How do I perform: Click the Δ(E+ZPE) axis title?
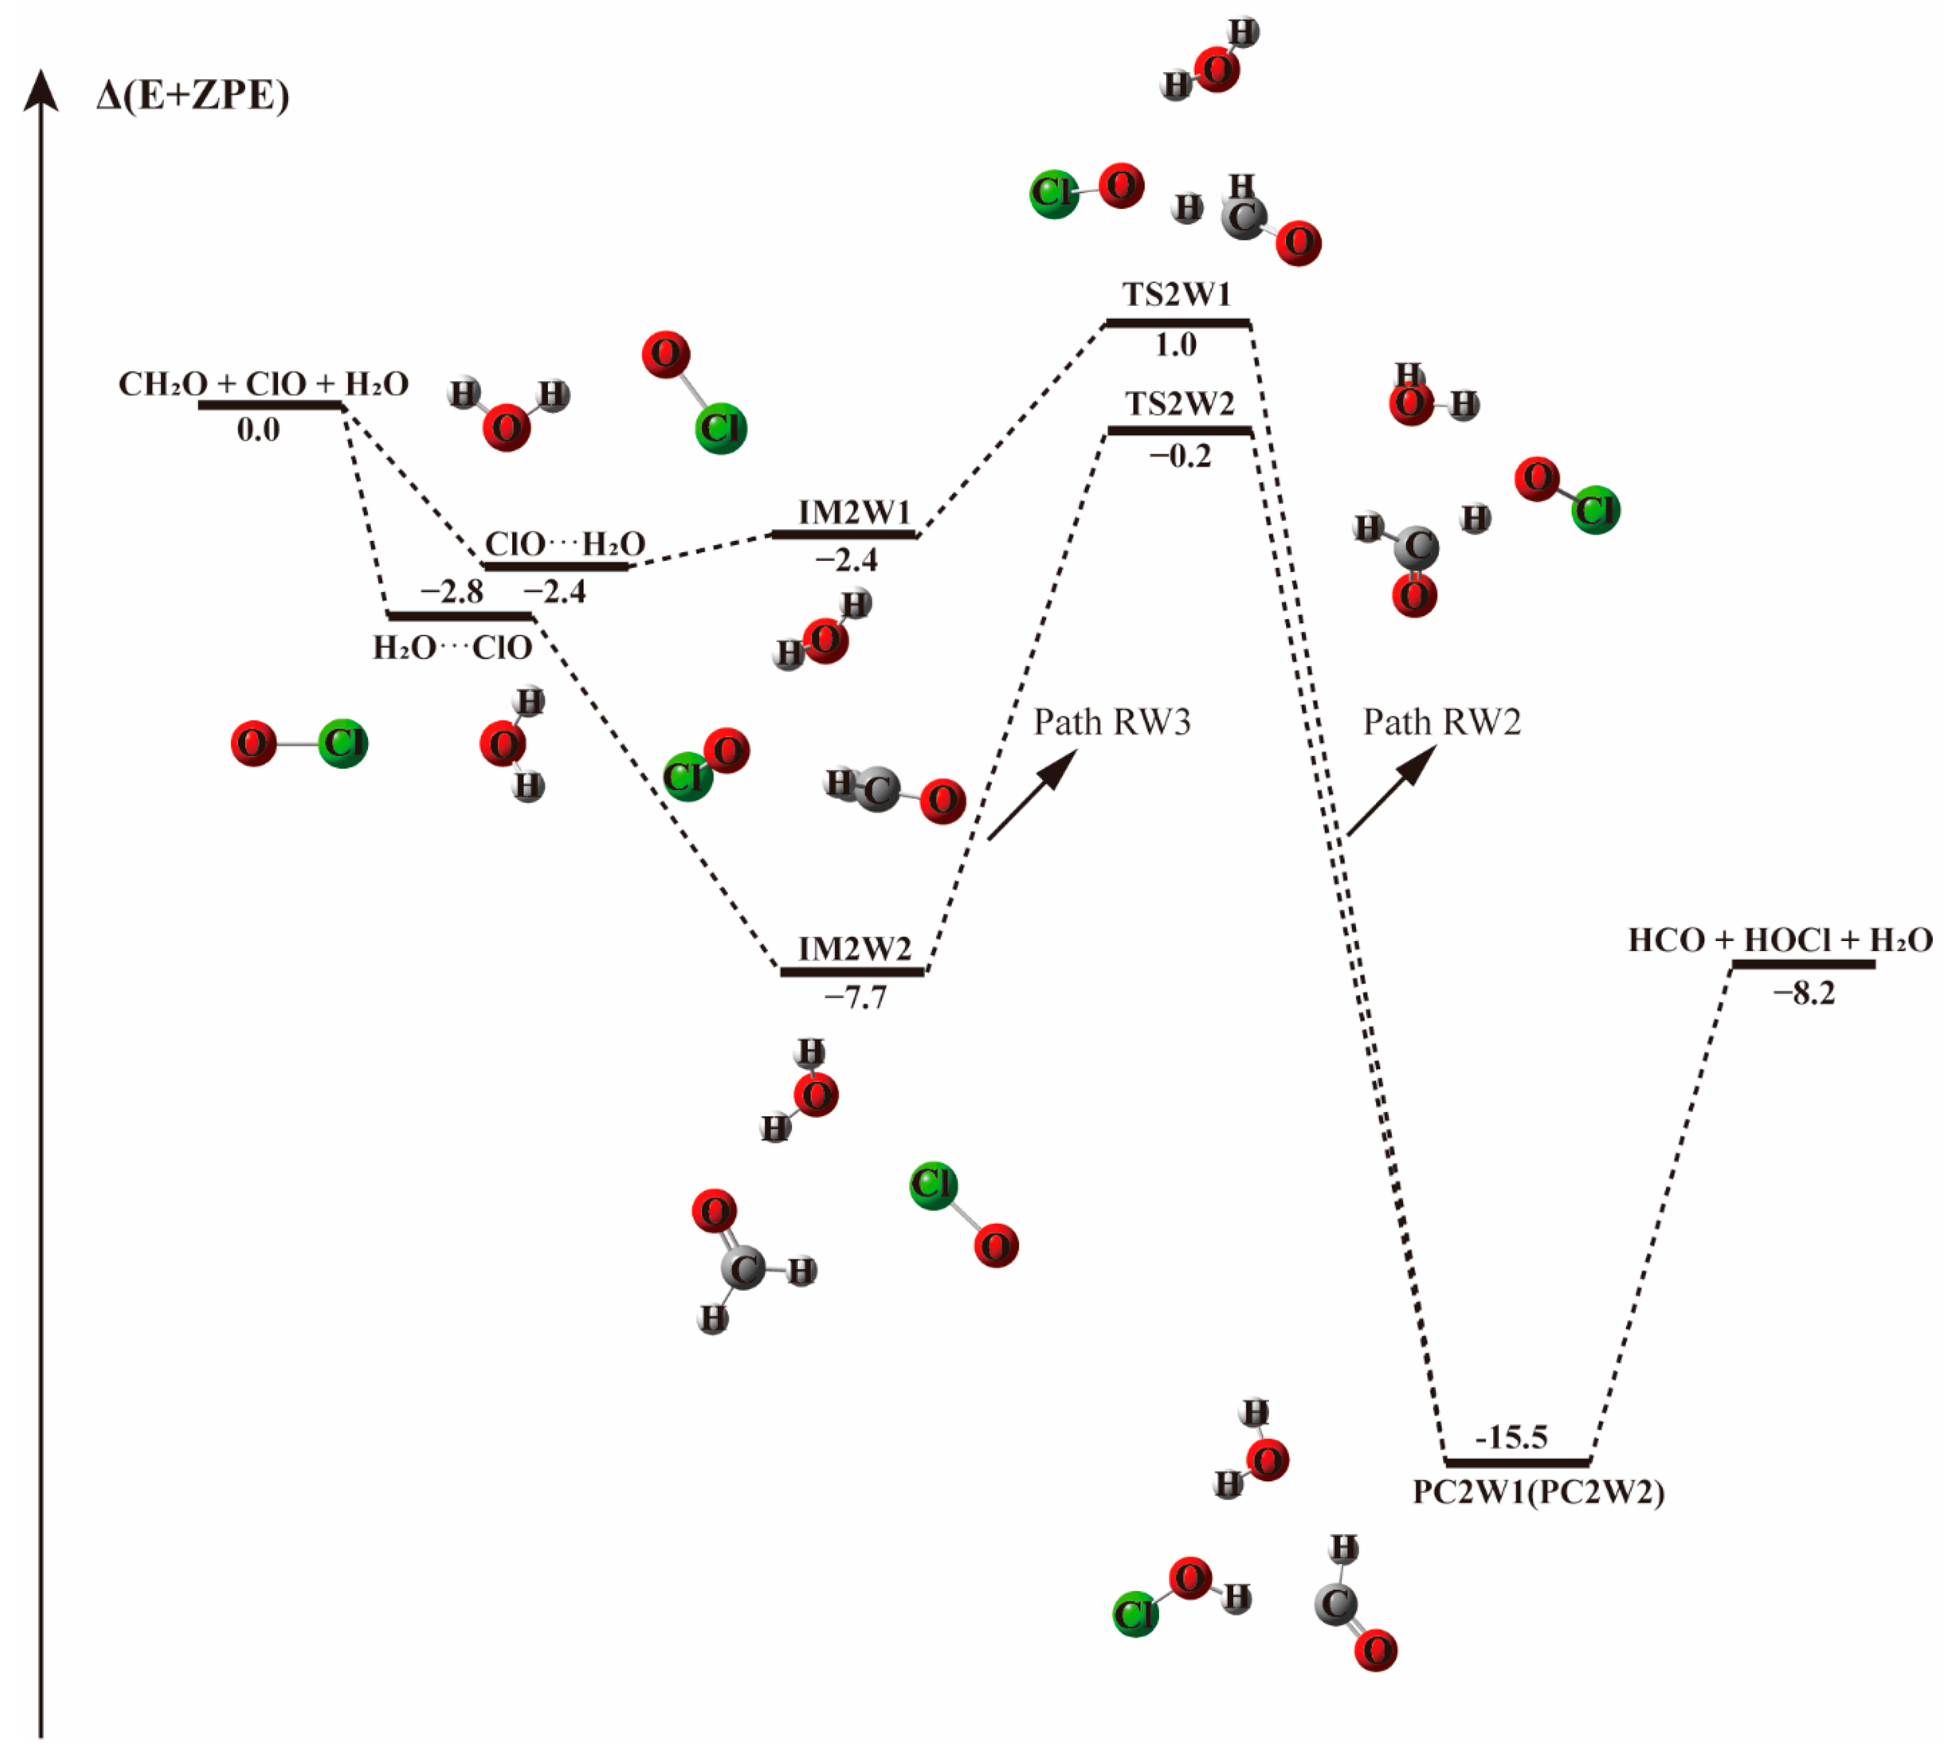[192, 96]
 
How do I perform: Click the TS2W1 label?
[1176, 294]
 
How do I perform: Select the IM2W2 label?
[854, 949]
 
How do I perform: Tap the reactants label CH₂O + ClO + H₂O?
[263, 384]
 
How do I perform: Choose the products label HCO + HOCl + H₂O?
[1780, 940]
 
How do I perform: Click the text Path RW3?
[1111, 722]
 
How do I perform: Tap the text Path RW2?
[1442, 722]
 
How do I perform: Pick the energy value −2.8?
[451, 592]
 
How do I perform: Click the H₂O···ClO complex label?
[452, 647]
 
